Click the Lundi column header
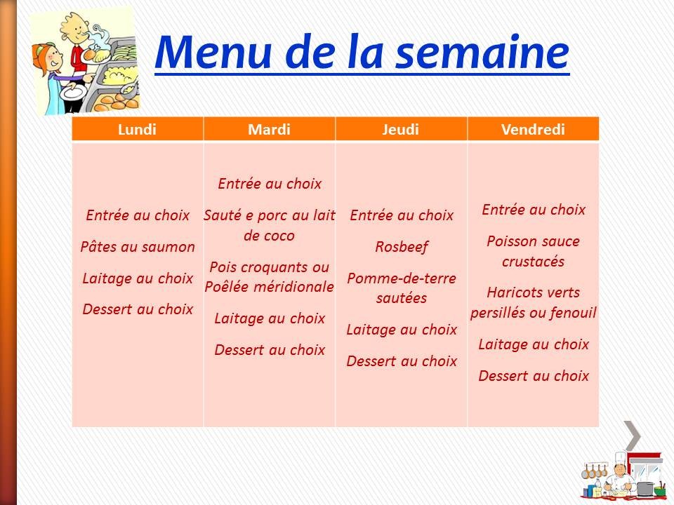(138, 129)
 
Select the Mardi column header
(269, 129)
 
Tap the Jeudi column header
(401, 129)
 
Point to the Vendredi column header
(534, 129)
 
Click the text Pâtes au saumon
(138, 246)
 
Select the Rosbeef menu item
(402, 247)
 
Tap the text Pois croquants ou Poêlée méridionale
(269, 276)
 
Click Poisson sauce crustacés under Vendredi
(534, 251)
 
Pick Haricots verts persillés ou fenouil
(534, 302)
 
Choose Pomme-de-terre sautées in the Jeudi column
(402, 288)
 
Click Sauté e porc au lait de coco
(269, 225)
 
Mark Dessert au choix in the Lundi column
(138, 309)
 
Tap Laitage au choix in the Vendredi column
(534, 344)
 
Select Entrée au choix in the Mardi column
(270, 184)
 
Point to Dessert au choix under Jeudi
(402, 361)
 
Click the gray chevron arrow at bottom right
(633, 436)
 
